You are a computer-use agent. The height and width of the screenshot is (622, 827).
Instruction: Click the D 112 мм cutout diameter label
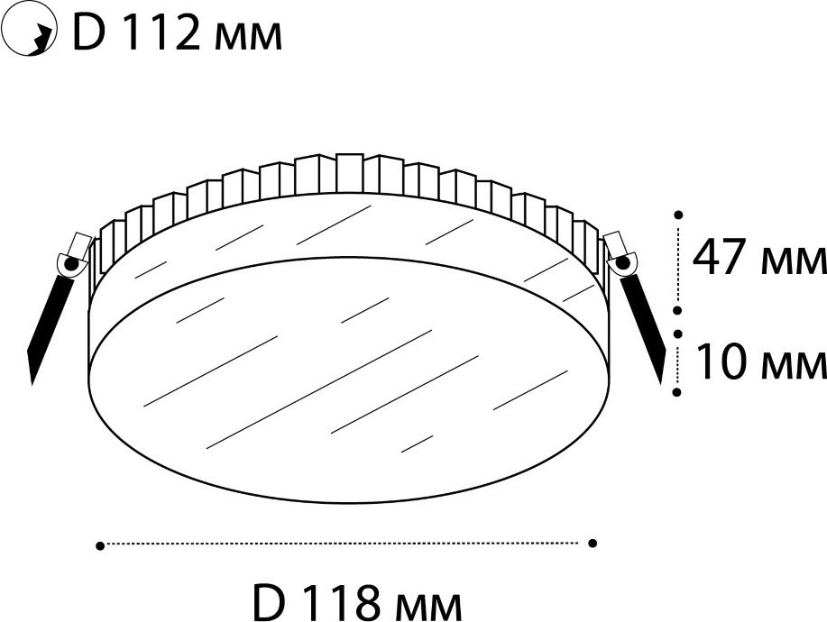pyautogui.click(x=177, y=33)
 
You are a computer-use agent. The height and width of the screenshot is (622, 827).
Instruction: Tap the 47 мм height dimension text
pyautogui.click(x=758, y=258)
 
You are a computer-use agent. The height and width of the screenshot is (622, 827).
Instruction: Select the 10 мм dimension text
pyautogui.click(x=760, y=362)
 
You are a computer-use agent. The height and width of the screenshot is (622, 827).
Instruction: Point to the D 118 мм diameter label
pyautogui.click(x=357, y=602)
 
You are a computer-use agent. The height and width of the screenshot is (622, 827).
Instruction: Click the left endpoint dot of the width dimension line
pyautogui.click(x=100, y=546)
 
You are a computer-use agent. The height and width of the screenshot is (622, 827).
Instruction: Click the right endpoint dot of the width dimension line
pyautogui.click(x=593, y=543)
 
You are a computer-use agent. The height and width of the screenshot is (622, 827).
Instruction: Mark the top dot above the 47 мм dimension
pyautogui.click(x=679, y=215)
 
